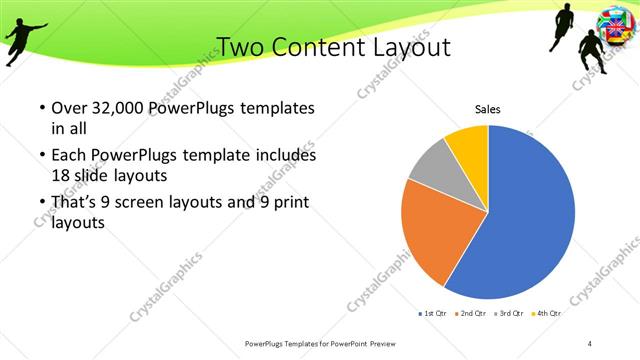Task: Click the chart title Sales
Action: click(487, 109)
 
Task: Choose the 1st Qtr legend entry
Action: click(432, 313)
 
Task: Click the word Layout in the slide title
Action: click(406, 47)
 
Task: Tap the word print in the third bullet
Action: click(290, 203)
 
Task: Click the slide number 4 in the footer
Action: click(590, 343)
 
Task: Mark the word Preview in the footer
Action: click(394, 343)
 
